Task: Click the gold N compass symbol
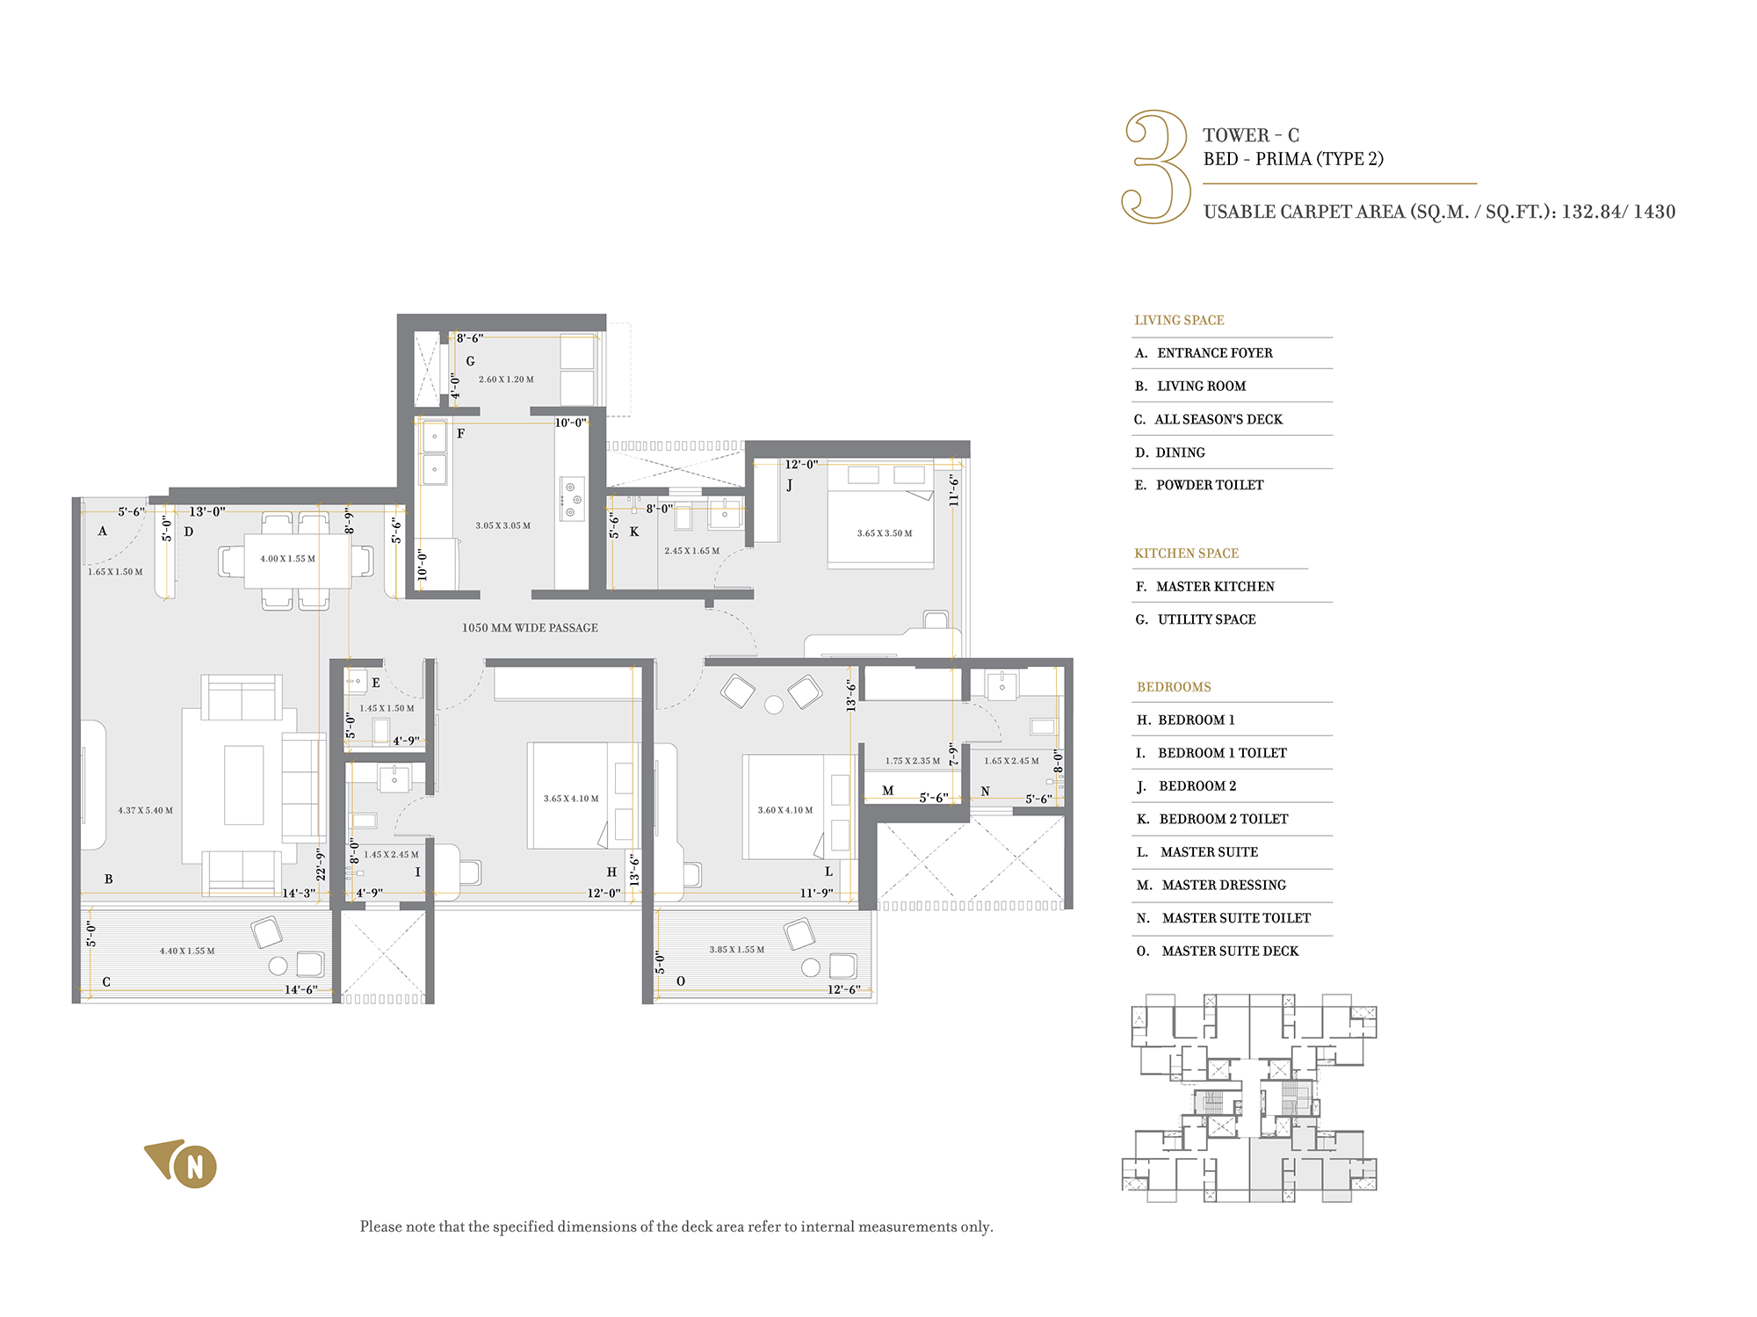pyautogui.click(x=183, y=1164)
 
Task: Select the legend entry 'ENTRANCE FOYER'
pyautogui.click(x=1214, y=353)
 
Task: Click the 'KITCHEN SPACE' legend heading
pyautogui.click(x=1186, y=554)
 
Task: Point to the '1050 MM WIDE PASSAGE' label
pyautogui.click(x=530, y=628)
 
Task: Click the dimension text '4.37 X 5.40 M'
pyautogui.click(x=146, y=811)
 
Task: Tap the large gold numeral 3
pyautogui.click(x=1156, y=167)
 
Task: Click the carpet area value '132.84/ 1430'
pyautogui.click(x=1618, y=212)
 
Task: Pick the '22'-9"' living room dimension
pyautogui.click(x=321, y=865)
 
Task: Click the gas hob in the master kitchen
pyautogui.click(x=572, y=499)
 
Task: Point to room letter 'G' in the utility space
pyautogui.click(x=471, y=361)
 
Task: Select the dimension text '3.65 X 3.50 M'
pyautogui.click(x=885, y=533)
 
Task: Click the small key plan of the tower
pyautogui.click(x=1249, y=1098)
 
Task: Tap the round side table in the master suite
pyautogui.click(x=774, y=705)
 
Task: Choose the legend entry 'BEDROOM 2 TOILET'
pyautogui.click(x=1224, y=819)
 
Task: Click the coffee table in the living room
pyautogui.click(x=244, y=785)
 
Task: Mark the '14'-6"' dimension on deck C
pyautogui.click(x=300, y=989)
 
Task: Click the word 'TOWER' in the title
pyautogui.click(x=1236, y=135)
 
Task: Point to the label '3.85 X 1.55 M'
pyautogui.click(x=737, y=950)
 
